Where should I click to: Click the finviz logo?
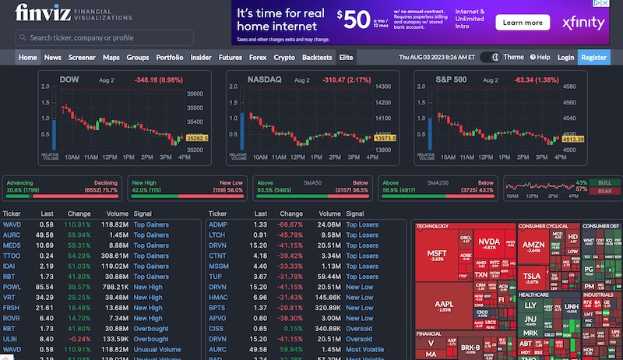[x=45, y=13]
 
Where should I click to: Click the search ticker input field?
[x=104, y=37]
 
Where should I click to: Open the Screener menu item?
[x=81, y=57]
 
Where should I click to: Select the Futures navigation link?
[x=230, y=57]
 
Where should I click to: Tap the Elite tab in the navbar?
[x=347, y=57]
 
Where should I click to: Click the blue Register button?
[x=593, y=57]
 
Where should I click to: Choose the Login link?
[x=565, y=57]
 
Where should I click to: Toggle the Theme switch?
[x=490, y=57]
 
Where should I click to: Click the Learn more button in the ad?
[x=523, y=23]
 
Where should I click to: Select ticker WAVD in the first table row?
[x=12, y=224]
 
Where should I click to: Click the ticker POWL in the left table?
[x=12, y=287]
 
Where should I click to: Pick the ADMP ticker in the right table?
[x=217, y=224]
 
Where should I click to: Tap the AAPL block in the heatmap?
[x=444, y=305]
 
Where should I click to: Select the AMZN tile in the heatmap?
[x=534, y=246]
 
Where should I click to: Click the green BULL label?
[x=604, y=182]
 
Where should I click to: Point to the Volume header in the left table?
[x=118, y=214]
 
